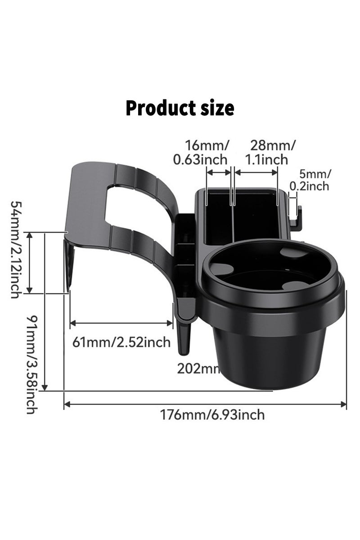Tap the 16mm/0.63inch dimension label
click(x=207, y=152)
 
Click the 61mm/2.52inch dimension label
click(x=121, y=342)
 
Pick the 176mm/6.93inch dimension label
click(x=213, y=414)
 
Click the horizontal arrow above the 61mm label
click(x=121, y=322)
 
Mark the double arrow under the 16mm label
click(x=219, y=172)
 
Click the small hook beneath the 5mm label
click(x=295, y=216)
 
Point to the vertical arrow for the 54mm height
click(x=30, y=263)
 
